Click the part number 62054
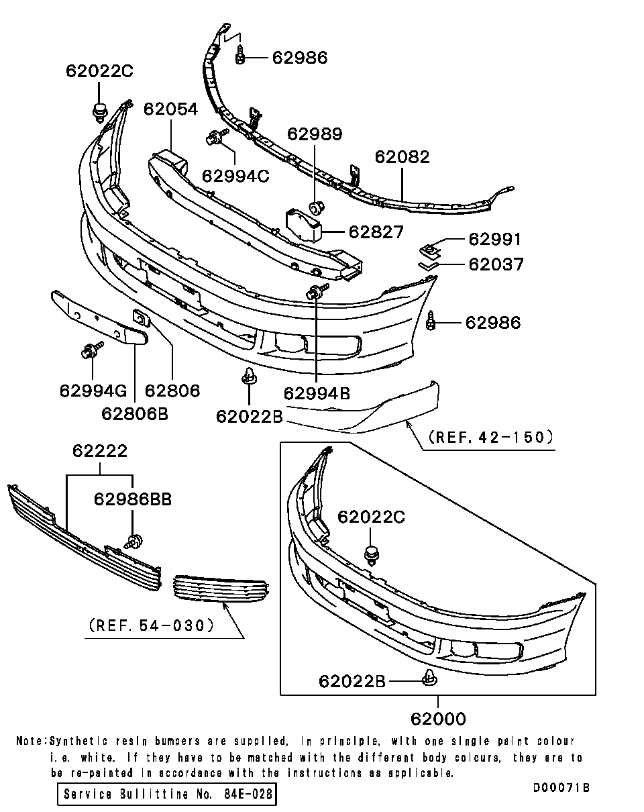point(170,109)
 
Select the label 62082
point(402,156)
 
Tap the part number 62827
point(376,232)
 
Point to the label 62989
point(315,134)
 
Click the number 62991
point(494,240)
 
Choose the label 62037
point(496,264)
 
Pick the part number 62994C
point(235,176)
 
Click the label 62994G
point(93,390)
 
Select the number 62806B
point(135,413)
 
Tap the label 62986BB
point(133,499)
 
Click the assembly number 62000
point(438,719)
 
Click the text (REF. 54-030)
point(151,625)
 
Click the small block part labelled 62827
point(304,225)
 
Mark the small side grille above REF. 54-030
point(221,590)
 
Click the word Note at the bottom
point(30,742)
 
